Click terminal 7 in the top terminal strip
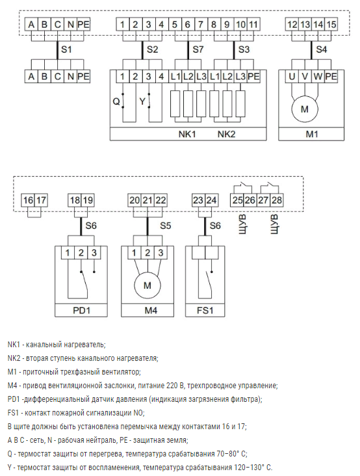coord(201,25)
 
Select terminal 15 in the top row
coord(331,25)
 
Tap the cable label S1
coord(66,49)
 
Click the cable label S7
coord(198,49)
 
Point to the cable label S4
coord(322,49)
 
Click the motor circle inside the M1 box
coord(305,109)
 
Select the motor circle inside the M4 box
coord(148,285)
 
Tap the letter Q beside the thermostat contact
coord(116,101)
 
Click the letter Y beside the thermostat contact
coord(142,101)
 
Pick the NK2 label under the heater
coord(227,134)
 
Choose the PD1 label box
coord(81,311)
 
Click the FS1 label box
coord(205,311)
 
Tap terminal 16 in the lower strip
coord(28,200)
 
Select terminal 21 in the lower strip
coord(148,200)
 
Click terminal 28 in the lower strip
coord(277,200)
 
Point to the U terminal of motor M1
coord(292,77)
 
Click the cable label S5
coord(166,226)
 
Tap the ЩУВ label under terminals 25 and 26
coord(242,224)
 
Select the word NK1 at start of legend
coord(14,345)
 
